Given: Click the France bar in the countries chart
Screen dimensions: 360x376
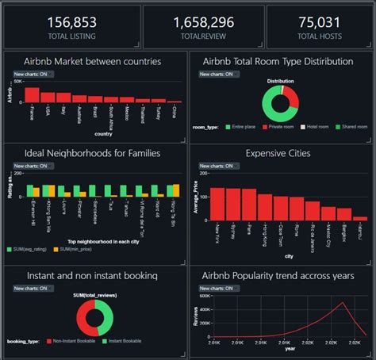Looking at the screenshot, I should point(32,95).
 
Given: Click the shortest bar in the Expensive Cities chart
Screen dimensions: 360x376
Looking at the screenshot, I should point(360,217).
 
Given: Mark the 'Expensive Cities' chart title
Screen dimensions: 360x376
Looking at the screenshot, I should point(278,153).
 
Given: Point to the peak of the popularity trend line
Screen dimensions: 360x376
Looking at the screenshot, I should point(342,302).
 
